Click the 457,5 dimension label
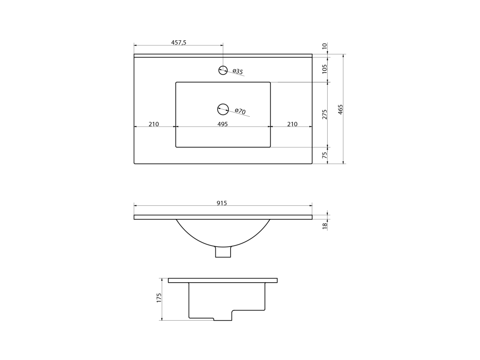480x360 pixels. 179,43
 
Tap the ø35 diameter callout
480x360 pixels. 238,72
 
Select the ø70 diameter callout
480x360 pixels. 240,111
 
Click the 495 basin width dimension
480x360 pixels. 223,124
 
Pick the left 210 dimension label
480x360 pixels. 154,124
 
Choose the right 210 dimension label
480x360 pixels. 292,124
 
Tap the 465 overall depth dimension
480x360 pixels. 340,109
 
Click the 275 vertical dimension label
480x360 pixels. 325,114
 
